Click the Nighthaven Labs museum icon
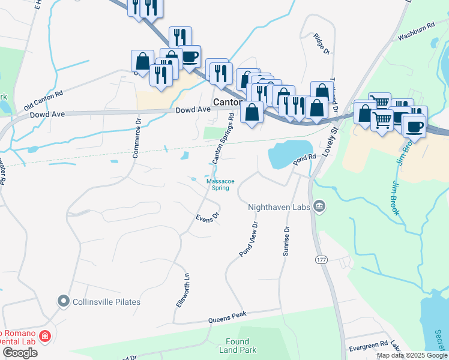[319, 207]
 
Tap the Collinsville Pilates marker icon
[63, 302]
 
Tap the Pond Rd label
[304, 159]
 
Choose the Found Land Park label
[241, 346]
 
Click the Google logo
[20, 353]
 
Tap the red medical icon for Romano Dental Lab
[44, 336]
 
